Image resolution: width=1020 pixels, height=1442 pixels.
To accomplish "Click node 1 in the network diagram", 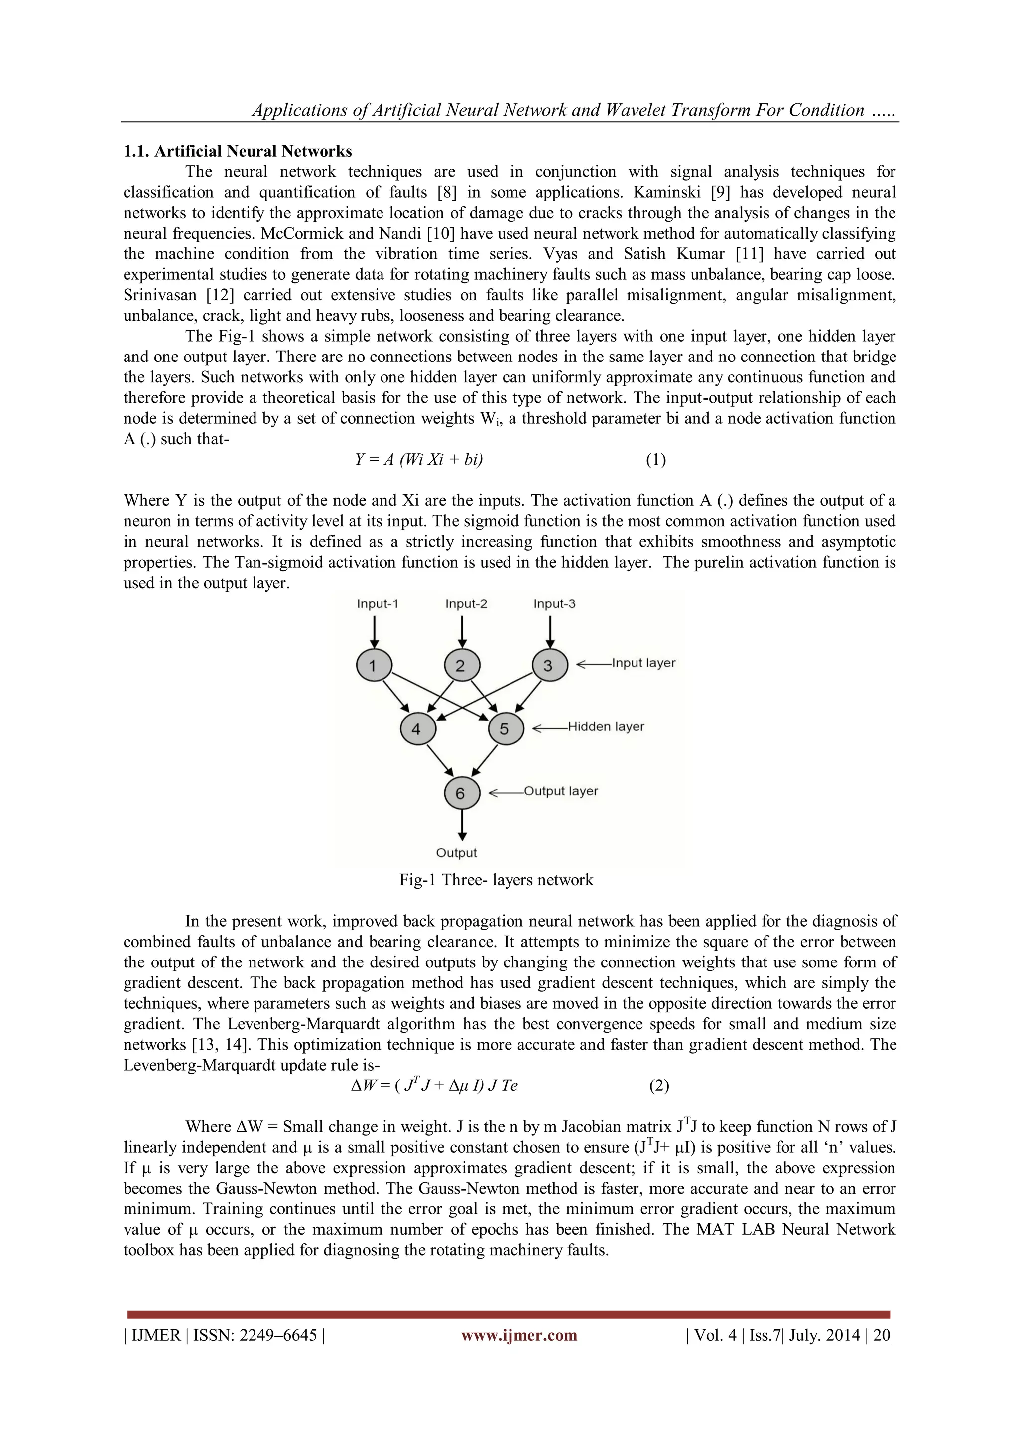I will click(x=374, y=665).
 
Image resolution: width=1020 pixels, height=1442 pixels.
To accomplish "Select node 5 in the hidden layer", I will click(x=506, y=728).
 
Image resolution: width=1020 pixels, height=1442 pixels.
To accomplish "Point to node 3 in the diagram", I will click(x=549, y=665).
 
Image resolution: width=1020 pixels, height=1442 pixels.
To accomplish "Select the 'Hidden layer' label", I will click(x=606, y=726).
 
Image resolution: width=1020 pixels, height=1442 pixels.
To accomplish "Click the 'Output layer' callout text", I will click(x=561, y=791).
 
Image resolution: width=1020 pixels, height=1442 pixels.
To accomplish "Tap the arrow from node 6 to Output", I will click(x=462, y=825).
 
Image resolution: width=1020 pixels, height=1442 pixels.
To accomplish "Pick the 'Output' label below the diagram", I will click(x=457, y=853).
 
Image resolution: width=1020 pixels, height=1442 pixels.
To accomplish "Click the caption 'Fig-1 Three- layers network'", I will click(x=496, y=880).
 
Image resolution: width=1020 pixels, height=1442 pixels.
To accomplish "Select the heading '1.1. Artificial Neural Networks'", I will click(x=238, y=151).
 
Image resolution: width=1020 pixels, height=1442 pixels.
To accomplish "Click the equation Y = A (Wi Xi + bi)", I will click(x=419, y=460).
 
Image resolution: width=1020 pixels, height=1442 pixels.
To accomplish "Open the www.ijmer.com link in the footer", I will click(x=519, y=1335).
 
